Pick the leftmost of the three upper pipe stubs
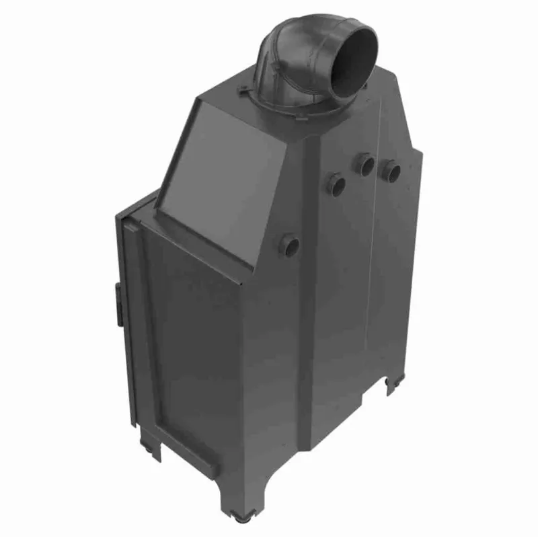[336, 184]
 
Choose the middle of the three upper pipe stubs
[365, 164]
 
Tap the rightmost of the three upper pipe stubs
[390, 171]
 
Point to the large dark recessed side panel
[195, 336]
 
